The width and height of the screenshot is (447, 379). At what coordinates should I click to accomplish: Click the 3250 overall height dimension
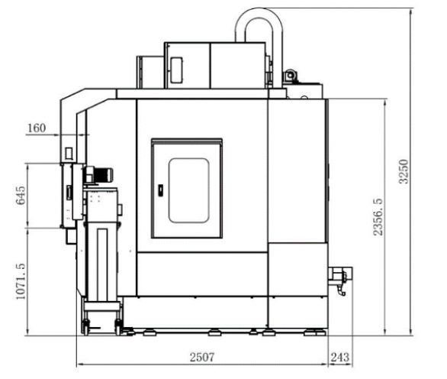pos(404,171)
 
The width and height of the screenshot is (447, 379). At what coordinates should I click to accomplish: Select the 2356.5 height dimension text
pos(378,217)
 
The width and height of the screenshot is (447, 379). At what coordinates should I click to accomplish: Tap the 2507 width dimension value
pos(202,358)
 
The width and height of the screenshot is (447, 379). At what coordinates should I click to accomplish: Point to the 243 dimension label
pos(339,358)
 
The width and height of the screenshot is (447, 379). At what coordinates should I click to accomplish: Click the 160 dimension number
pos(36,128)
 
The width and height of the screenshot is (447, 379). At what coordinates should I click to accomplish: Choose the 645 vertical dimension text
pos(21,196)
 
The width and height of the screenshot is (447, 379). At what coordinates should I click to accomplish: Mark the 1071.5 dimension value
pos(21,281)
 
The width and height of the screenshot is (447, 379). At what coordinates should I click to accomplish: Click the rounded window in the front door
pos(188,190)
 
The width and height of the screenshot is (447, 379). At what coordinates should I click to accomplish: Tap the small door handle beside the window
pos(160,190)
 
